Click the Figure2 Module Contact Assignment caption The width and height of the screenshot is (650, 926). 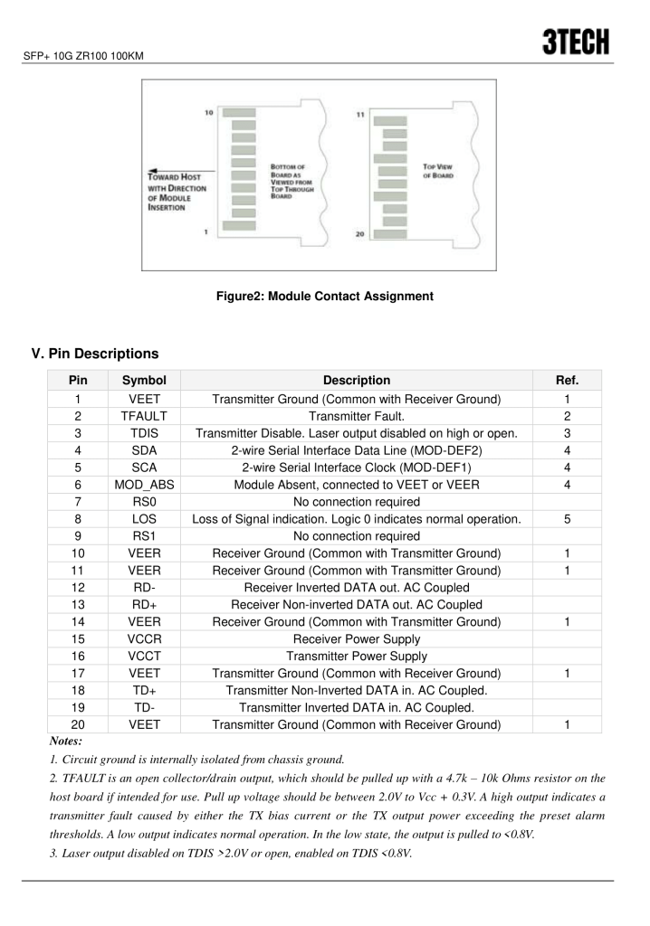(324, 296)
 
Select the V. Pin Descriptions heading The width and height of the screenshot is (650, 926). (95, 353)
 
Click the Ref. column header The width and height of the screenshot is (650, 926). (568, 381)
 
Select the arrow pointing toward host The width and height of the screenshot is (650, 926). (181, 169)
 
